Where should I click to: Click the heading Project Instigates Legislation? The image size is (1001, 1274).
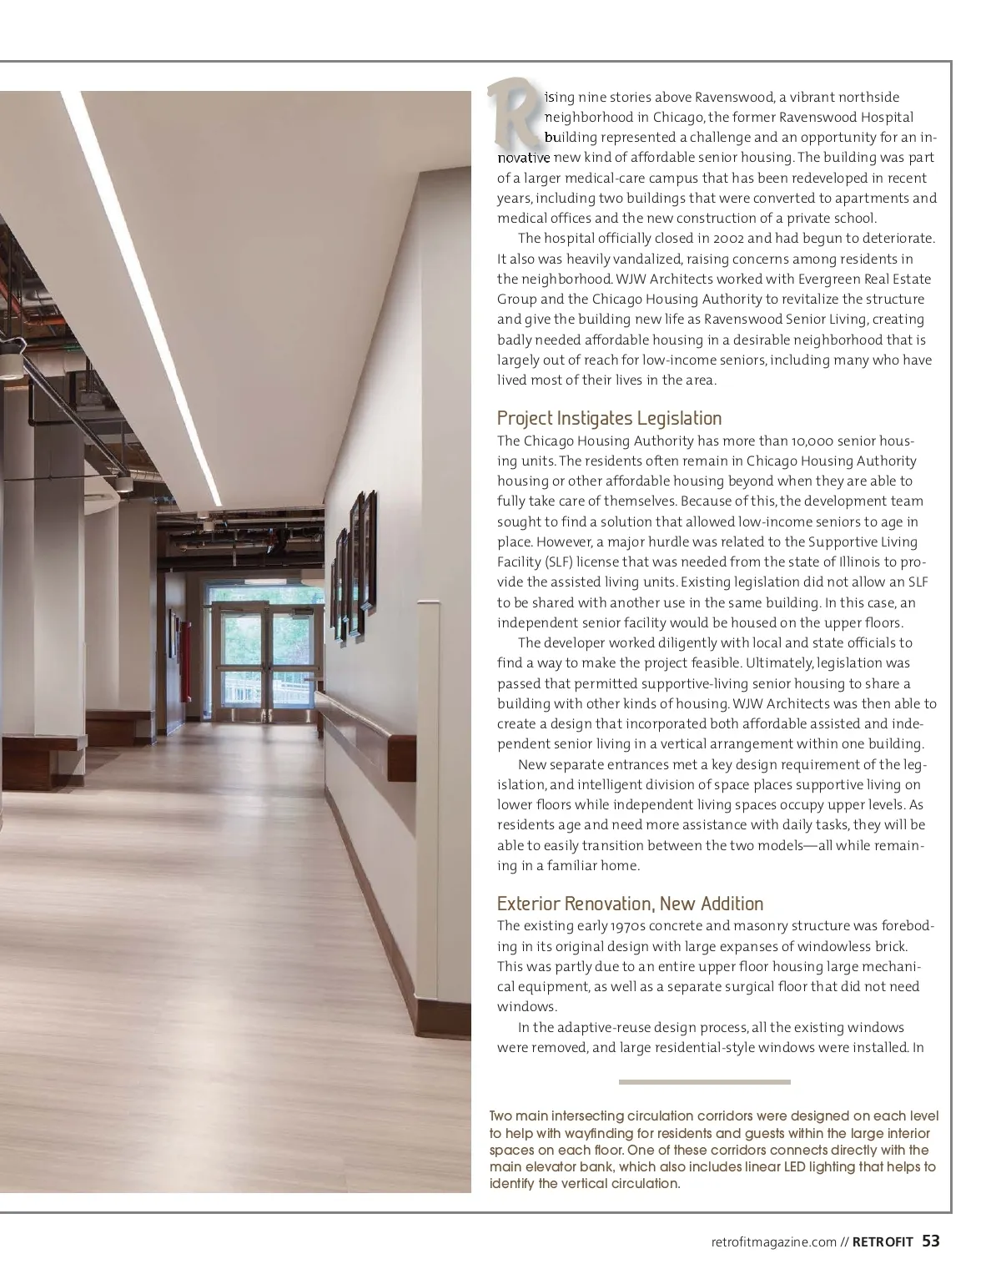coord(609,418)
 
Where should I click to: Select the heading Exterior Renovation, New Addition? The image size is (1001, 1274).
coord(630,904)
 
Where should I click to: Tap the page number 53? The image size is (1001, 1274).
coord(931,1241)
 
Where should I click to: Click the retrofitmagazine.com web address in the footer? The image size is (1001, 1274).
coord(774,1242)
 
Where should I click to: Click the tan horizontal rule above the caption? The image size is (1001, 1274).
coord(704,1082)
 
